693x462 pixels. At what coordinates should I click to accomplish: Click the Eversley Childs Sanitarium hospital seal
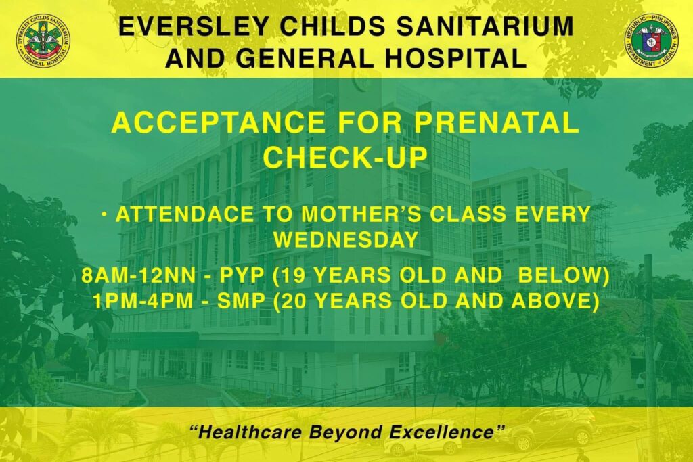(43, 41)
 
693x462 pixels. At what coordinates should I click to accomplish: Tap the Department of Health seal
(651, 41)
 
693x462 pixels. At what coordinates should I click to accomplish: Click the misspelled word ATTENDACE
(185, 214)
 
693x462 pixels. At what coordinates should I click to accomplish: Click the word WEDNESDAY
(346, 240)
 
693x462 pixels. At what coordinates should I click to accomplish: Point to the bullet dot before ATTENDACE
(105, 215)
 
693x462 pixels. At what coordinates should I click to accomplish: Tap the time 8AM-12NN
(138, 276)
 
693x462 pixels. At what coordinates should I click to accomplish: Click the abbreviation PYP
(242, 276)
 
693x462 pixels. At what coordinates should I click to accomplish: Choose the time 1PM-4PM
(143, 302)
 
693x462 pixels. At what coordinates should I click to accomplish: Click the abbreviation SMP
(241, 302)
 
